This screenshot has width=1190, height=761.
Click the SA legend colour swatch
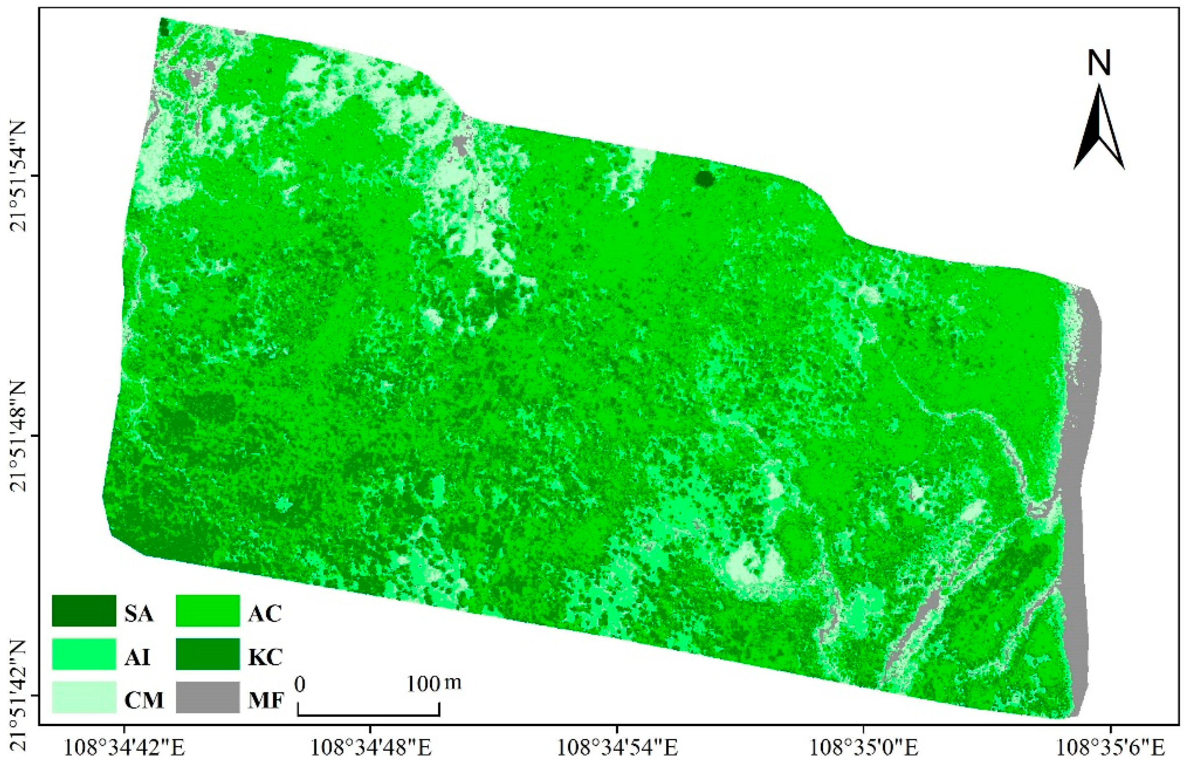(84, 611)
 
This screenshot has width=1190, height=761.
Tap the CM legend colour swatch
(84, 697)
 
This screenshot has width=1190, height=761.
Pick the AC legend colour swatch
(208, 611)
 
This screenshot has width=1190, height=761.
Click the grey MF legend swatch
(208, 697)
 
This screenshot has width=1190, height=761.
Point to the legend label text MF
(266, 700)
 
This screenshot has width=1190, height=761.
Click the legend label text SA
(139, 614)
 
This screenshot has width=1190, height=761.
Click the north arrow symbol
(1099, 128)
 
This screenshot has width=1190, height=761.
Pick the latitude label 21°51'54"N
(21, 175)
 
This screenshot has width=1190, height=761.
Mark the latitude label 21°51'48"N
(21, 436)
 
